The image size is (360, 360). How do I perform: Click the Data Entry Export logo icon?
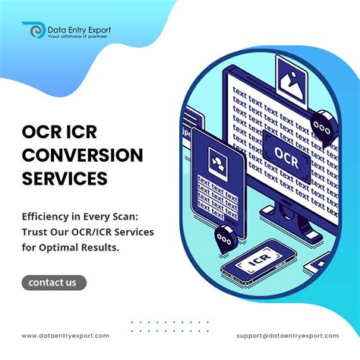click(x=34, y=31)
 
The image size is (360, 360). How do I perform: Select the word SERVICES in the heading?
click(x=64, y=180)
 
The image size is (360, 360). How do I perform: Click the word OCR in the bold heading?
click(x=43, y=131)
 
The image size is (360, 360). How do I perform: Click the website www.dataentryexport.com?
click(x=65, y=335)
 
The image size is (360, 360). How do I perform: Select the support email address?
click(x=288, y=335)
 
